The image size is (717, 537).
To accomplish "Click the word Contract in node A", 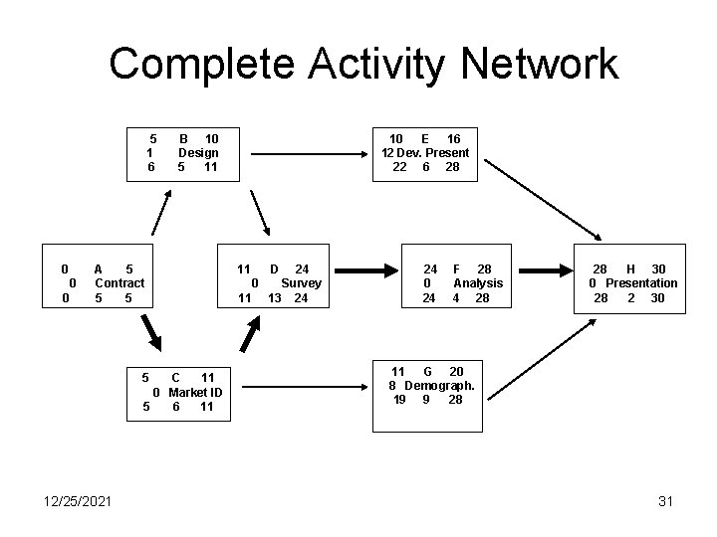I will [119, 283].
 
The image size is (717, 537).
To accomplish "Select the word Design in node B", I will [198, 153].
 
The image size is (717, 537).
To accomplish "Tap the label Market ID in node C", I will [195, 392].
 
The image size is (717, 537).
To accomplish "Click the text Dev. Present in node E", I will [435, 153].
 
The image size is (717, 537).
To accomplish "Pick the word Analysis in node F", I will [478, 283].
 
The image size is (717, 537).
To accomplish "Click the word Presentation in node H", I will [641, 283].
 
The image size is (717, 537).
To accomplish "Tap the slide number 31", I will [665, 501].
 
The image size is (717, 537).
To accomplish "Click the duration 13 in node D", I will [273, 298].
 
